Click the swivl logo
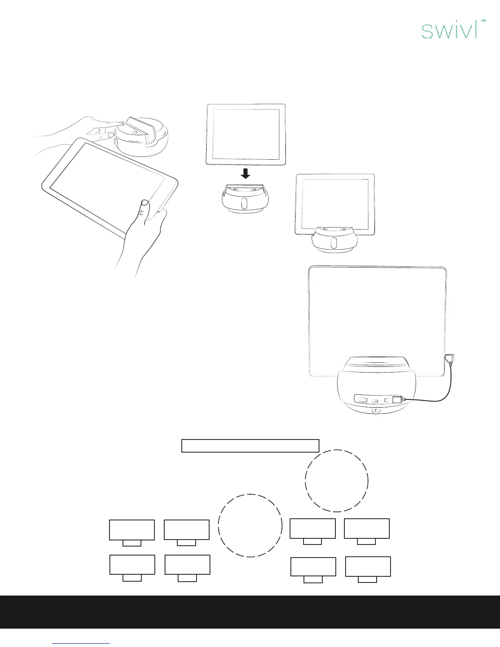pos(449,31)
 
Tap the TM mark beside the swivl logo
pos(482,20)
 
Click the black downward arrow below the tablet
pos(246,174)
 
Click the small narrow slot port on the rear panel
pos(375,401)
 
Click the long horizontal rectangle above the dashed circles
pos(250,446)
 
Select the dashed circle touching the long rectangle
pos(337,480)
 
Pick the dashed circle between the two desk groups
pos(250,525)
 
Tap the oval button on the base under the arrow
pos(244,203)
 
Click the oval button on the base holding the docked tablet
pos(334,243)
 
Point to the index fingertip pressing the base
pos(119,123)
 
